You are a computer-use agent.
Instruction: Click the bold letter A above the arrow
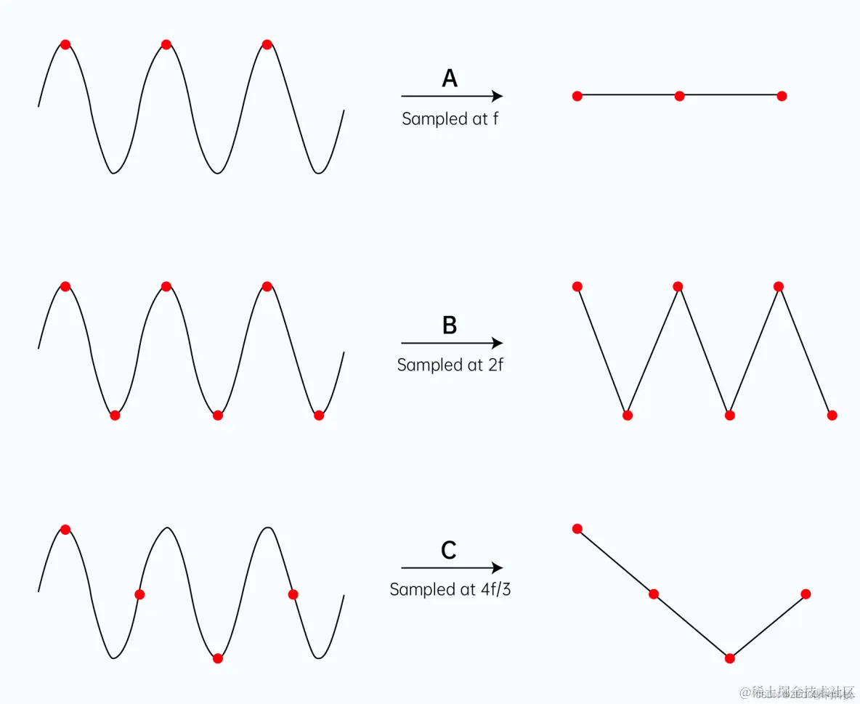pos(450,78)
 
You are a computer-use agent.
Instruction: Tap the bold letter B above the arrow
pos(450,325)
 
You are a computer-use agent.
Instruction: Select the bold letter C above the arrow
pos(449,551)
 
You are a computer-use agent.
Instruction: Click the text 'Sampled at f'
pos(450,118)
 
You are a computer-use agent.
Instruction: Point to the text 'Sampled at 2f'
pos(450,365)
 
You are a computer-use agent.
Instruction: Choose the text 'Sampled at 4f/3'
pos(450,589)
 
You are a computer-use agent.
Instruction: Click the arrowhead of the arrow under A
pos(498,96)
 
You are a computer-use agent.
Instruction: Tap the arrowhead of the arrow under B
pos(498,343)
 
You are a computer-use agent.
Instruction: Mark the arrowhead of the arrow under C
pos(498,568)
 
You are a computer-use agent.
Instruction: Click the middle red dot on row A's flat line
pos(679,96)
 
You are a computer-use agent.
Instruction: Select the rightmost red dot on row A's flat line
pos(782,96)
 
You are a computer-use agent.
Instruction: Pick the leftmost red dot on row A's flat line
pos(577,96)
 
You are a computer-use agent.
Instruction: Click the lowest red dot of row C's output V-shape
pos(730,658)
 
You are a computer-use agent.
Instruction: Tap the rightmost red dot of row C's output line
pos(806,594)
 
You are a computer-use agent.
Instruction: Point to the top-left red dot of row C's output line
pos(577,528)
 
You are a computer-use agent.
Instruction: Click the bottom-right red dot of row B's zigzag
pos(832,416)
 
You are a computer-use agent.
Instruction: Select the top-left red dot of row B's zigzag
pos(577,286)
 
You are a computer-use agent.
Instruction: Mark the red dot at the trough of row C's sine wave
pos(217,658)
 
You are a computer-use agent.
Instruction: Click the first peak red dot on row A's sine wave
pos(65,44)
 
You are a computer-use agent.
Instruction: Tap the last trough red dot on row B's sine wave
pos(318,416)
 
